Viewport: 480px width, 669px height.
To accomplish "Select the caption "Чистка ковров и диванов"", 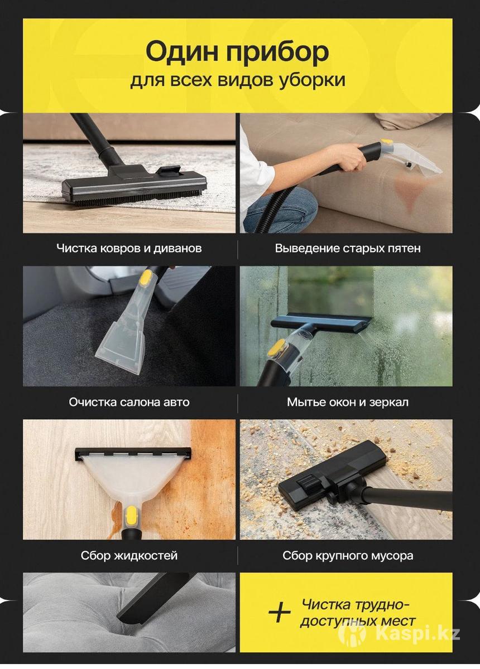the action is pos(129,248).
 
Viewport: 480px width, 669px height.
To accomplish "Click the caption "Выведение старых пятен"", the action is pos(348,248).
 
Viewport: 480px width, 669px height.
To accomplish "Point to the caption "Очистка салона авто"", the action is pos(129,402).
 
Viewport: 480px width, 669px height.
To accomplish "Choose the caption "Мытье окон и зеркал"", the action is pos(348,402).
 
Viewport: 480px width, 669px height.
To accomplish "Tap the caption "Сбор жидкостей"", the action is pos(129,555).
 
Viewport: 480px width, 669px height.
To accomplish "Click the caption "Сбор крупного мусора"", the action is pos(348,555).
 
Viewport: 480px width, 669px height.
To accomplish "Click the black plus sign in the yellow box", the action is pos(279,611).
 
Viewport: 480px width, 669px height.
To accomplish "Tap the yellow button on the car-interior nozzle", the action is pos(146,277).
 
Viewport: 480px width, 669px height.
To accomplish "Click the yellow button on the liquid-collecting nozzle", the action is pos(131,517).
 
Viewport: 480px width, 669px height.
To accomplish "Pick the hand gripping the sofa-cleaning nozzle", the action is pos(351,157).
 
